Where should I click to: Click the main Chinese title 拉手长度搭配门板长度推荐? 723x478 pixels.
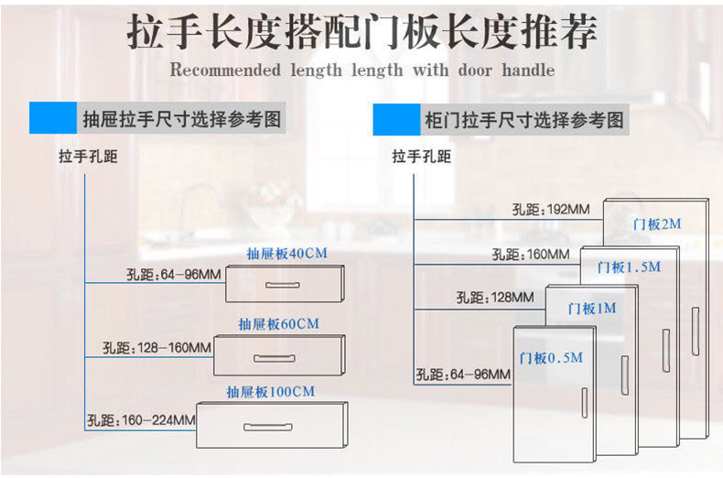[x=361, y=33]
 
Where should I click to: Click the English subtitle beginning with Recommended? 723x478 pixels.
[x=361, y=70]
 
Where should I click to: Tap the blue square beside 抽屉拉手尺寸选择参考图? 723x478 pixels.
[x=52, y=119]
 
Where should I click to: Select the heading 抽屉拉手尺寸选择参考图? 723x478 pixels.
[x=181, y=120]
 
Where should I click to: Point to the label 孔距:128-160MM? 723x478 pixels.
[x=156, y=348]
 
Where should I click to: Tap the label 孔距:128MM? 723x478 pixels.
[x=494, y=298]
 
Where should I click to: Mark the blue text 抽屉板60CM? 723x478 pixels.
[x=279, y=323]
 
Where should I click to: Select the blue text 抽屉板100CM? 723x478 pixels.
[x=271, y=392]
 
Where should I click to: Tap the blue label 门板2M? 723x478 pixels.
[x=656, y=223]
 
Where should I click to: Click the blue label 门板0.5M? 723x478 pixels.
[x=550, y=358]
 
